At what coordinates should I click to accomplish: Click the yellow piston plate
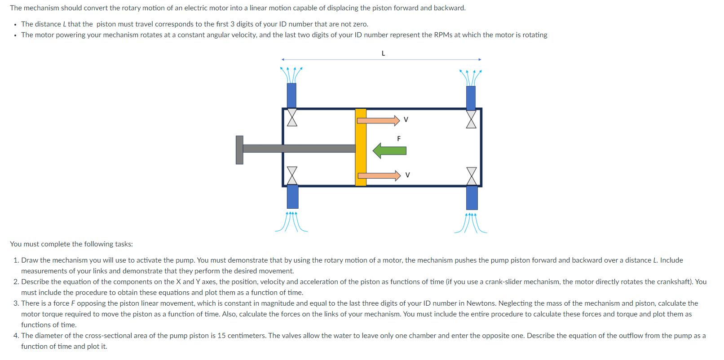361,147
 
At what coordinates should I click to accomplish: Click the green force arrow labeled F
390,151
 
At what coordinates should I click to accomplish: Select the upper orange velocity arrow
378,120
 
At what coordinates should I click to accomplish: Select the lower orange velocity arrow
379,175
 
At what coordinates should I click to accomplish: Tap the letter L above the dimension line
383,53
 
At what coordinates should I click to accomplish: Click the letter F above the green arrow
399,139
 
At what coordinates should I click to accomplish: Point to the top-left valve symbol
292,118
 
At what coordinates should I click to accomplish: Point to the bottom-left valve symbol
292,175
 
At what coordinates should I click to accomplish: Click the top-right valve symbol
471,119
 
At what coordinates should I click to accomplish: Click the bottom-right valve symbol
472,176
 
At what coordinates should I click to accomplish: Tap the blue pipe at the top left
291,95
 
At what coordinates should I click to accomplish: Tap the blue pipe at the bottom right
472,198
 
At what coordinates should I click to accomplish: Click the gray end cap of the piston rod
239,150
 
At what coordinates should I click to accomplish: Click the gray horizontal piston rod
299,149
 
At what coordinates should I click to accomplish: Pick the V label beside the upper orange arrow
406,120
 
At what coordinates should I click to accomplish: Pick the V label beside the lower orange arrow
407,175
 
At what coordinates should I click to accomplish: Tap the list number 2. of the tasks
16,282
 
